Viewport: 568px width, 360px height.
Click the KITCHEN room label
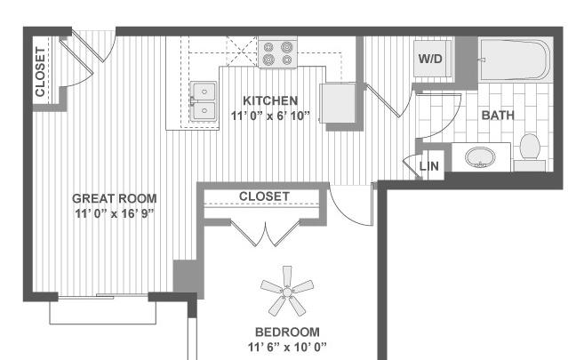pyautogui.click(x=270, y=100)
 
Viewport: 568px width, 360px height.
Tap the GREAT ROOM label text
pyautogui.click(x=115, y=198)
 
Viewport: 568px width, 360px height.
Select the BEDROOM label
pyautogui.click(x=287, y=332)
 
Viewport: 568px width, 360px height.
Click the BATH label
pyautogui.click(x=498, y=116)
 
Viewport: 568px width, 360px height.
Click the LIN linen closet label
pyautogui.click(x=429, y=166)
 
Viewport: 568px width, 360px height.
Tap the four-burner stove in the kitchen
pyautogui.click(x=277, y=52)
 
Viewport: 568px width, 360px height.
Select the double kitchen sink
pyautogui.click(x=204, y=101)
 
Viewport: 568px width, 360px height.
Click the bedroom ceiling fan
pyautogui.click(x=287, y=291)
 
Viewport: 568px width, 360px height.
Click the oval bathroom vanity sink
pyautogui.click(x=480, y=157)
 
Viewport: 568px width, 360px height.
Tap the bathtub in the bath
pyautogui.click(x=516, y=60)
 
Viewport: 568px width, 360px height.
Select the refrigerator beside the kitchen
pyautogui.click(x=338, y=103)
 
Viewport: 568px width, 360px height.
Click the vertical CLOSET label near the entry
pyautogui.click(x=40, y=72)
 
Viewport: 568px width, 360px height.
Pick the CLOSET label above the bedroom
pyautogui.click(x=264, y=196)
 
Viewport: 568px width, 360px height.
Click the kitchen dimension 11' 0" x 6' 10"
pyautogui.click(x=270, y=116)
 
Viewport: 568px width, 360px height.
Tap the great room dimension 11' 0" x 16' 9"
pyautogui.click(x=115, y=213)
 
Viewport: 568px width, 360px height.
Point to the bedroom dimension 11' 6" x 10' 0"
pyautogui.click(x=287, y=348)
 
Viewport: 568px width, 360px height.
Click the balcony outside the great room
pyautogui.click(x=103, y=311)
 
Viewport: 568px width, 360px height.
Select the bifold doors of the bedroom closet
pyautogui.click(x=266, y=233)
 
